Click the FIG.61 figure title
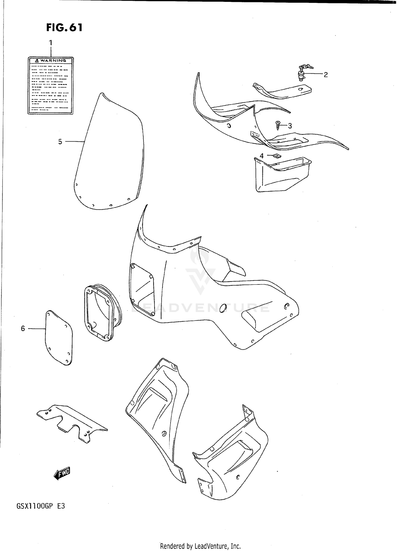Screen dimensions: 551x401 64,28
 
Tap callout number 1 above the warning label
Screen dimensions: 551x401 51,43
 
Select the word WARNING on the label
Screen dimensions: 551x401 53,61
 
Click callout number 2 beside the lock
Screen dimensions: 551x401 326,75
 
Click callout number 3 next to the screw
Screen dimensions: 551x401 290,126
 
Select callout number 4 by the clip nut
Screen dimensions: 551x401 262,156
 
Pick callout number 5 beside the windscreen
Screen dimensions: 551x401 60,142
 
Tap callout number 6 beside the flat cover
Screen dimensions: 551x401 23,328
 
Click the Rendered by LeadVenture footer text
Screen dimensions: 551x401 200,546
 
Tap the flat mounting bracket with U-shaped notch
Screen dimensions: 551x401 71,425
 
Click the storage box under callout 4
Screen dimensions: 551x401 281,175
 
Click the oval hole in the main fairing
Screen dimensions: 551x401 223,309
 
